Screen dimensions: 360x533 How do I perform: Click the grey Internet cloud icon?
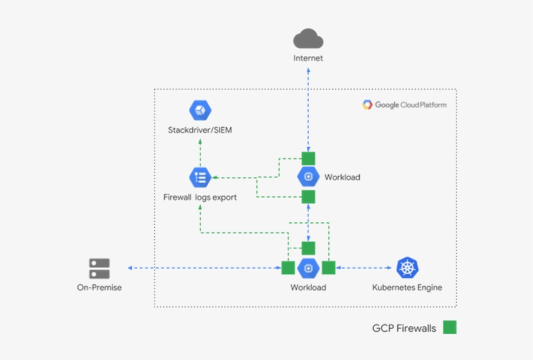coord(308,39)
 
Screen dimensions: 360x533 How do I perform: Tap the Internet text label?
coord(308,58)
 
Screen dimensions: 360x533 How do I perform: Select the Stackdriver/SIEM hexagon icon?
coord(200,110)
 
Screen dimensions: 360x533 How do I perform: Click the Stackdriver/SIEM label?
coord(200,131)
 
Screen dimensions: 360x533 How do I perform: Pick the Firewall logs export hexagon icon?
coord(200,177)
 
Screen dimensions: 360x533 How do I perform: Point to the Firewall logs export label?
coord(200,197)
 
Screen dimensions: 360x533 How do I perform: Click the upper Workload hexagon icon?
coord(308,177)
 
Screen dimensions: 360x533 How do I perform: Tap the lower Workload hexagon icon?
coord(308,268)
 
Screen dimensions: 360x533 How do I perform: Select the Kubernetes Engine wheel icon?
coord(408,268)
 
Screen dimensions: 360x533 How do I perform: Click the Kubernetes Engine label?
coord(408,287)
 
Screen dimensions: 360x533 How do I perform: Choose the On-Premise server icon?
coord(99,268)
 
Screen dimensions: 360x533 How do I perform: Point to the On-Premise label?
coord(99,287)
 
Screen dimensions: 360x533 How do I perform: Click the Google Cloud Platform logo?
coord(404,105)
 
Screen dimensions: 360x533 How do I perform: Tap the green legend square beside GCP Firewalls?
coord(450,328)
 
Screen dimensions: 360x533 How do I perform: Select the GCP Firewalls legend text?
coord(404,328)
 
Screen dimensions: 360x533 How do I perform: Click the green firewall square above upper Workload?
coord(308,158)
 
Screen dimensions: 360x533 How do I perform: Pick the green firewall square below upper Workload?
coord(308,196)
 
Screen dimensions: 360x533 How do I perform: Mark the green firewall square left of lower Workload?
coord(288,268)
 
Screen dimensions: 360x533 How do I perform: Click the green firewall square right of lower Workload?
coord(328,268)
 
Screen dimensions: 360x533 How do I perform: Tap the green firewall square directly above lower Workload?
coord(308,248)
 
